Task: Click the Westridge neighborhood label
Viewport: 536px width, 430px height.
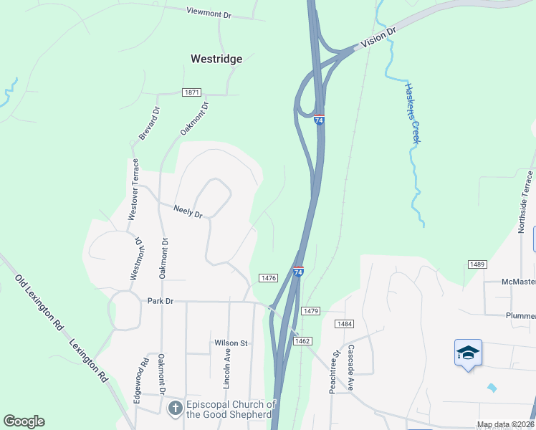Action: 216,59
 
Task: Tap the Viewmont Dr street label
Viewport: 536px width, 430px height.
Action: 209,12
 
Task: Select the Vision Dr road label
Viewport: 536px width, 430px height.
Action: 378,39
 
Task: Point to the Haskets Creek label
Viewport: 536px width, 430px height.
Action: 411,113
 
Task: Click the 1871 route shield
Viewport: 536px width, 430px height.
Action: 191,92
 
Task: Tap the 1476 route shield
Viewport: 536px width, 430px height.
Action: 269,278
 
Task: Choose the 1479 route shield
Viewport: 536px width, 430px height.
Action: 310,310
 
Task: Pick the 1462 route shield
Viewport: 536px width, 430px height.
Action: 302,341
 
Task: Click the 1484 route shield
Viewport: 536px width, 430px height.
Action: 345,324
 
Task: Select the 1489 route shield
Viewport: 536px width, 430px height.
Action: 478,264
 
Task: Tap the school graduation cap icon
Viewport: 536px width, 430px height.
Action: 468,353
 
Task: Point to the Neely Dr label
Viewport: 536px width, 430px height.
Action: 188,211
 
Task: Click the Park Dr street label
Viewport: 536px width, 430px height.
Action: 161,301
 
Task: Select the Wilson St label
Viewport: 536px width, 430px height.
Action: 230,343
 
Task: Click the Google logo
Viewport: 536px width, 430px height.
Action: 24,421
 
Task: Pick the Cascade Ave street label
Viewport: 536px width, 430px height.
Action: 351,371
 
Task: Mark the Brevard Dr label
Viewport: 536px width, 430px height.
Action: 149,123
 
